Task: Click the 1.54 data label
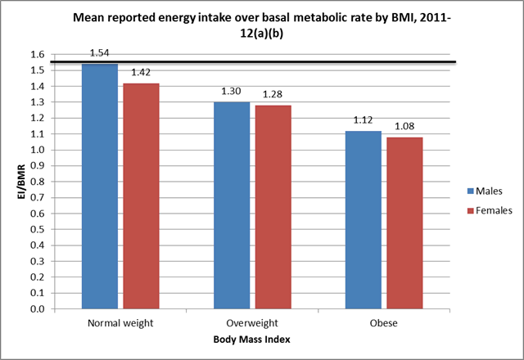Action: (100, 52)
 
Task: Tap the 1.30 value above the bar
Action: (230, 92)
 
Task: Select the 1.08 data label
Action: (404, 127)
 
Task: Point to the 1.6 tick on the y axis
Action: (36, 55)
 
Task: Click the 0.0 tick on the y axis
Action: (36, 309)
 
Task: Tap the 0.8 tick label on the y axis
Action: (36, 182)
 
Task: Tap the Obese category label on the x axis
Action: (382, 322)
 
